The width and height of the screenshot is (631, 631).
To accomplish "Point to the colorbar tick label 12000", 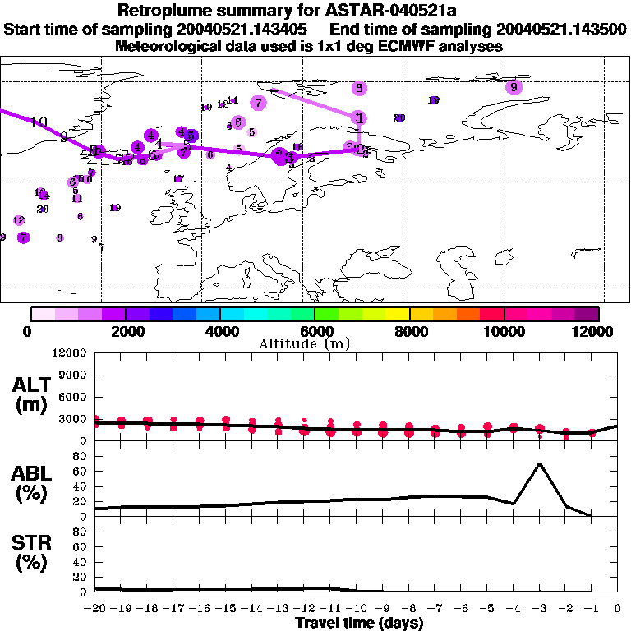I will (594, 331).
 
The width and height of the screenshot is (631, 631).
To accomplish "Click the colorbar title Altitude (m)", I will (305, 343).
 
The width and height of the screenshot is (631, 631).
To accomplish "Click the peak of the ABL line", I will (539, 463).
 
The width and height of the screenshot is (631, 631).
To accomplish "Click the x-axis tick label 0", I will (617, 608).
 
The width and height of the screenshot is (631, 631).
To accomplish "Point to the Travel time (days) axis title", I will (359, 623).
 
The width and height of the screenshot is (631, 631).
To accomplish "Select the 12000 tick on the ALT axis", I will (71, 353).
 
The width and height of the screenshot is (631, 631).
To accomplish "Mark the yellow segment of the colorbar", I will (398, 314).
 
